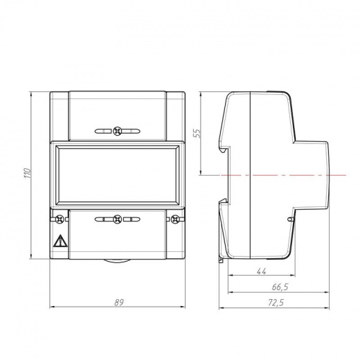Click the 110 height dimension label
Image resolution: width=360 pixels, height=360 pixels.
coord(28,173)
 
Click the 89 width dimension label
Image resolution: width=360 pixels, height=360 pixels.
coord(119,303)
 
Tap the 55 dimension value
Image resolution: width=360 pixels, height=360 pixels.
coord(198,133)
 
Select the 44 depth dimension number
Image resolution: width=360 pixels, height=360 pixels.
coord(262,271)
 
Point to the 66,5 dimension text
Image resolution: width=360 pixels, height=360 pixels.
coord(280,287)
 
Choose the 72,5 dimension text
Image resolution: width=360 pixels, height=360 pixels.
coord(276,303)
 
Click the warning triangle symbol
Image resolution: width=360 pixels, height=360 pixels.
coord(60,241)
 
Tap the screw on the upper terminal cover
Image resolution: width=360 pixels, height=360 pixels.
coord(118,131)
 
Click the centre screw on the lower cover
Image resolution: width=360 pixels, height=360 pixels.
coord(118,219)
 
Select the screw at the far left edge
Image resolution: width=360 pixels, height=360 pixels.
coord(60,219)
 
